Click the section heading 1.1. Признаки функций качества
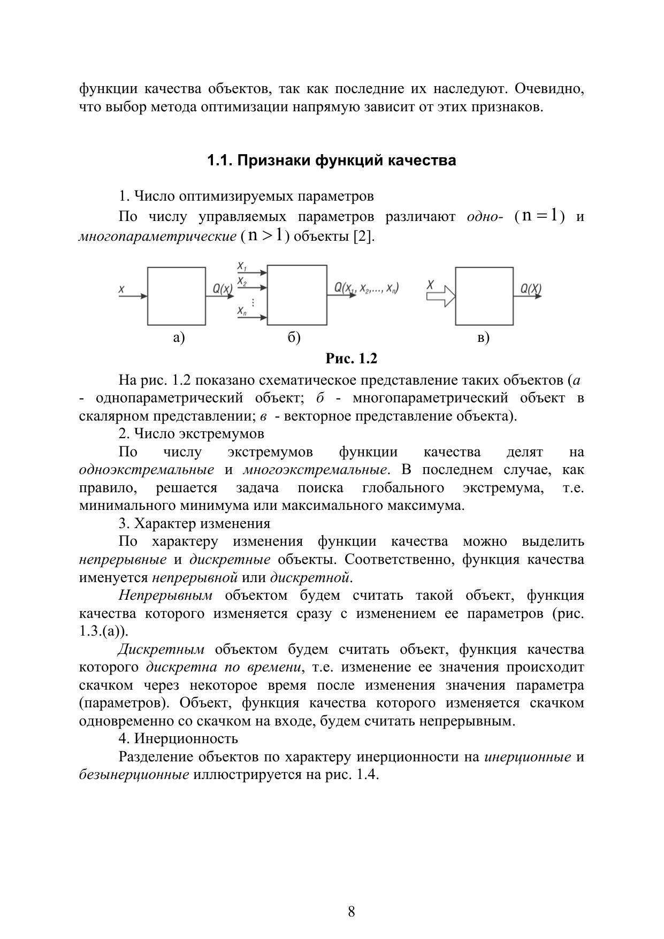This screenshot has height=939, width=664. point(331,161)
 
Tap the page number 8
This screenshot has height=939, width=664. point(351,912)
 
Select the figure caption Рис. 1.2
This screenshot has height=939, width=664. point(352,358)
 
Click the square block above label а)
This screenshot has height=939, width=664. point(177,296)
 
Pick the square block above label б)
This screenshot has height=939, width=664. point(297,295)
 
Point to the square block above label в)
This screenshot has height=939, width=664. point(484,296)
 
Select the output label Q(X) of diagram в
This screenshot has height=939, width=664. point(531,289)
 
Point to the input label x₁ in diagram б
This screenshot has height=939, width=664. point(242,266)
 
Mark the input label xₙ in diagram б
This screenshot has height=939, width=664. point(242,311)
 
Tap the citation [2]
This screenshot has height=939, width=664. point(363,236)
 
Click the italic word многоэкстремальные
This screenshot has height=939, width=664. point(315,470)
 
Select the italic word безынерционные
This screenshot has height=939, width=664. point(134,775)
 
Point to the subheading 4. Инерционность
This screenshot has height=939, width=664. point(178,739)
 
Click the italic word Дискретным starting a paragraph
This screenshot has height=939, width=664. point(161,650)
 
